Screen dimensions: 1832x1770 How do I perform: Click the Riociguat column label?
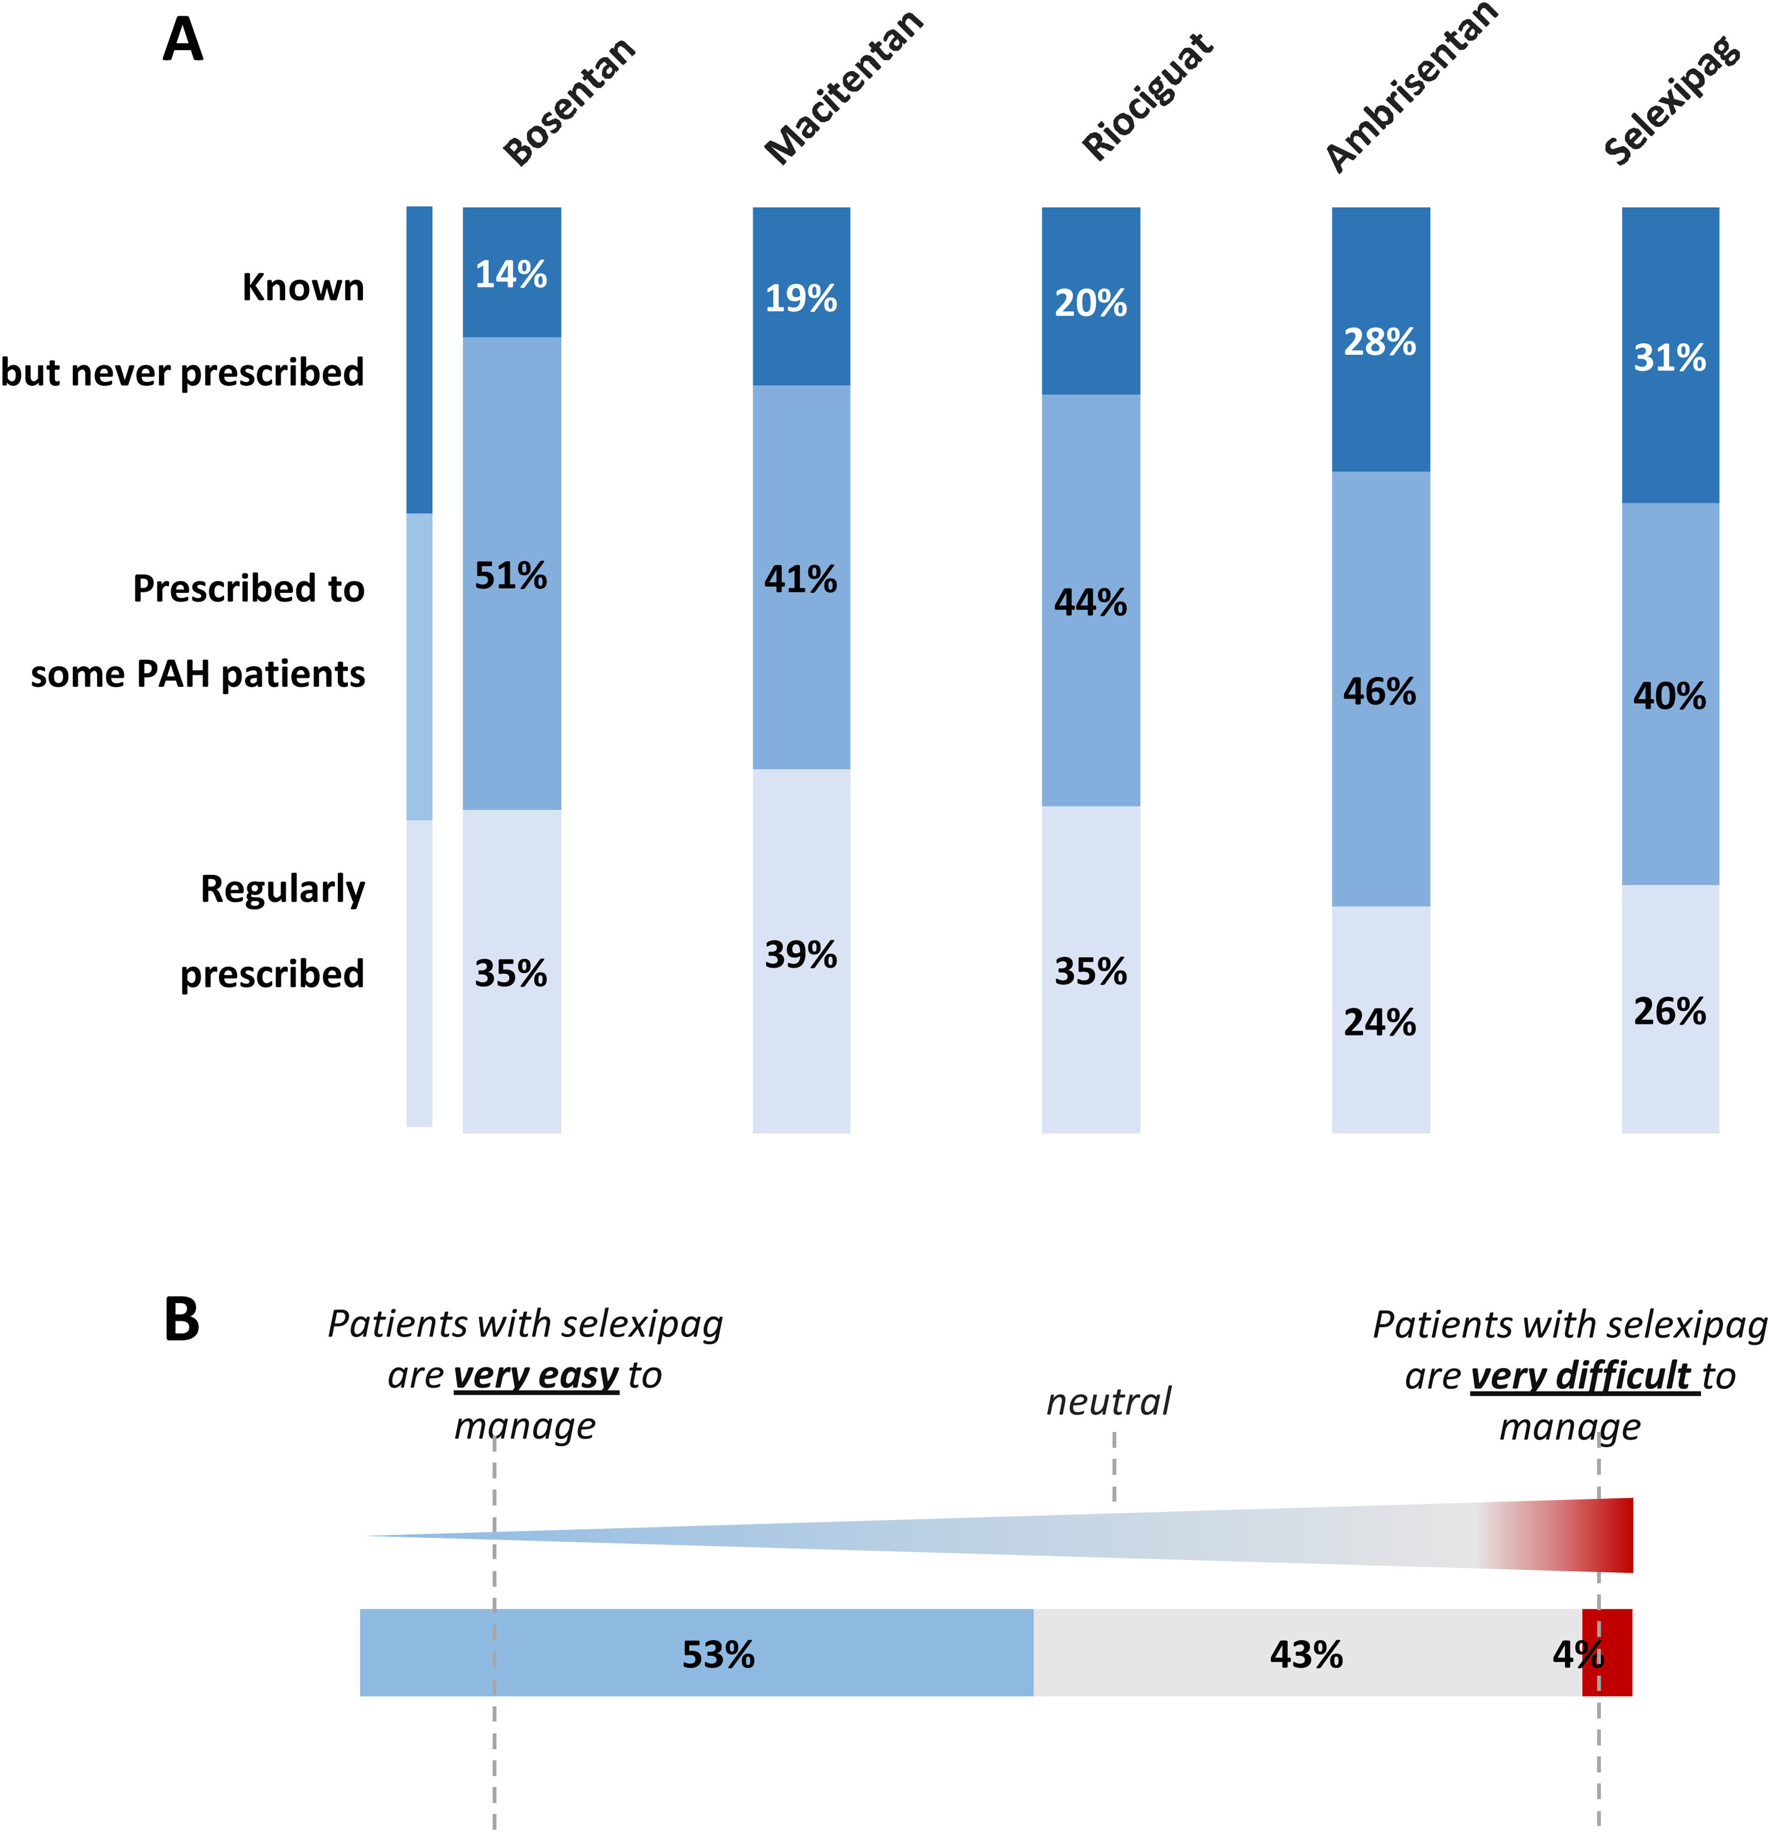1147,96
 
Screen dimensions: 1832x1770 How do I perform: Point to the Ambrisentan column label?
1411,89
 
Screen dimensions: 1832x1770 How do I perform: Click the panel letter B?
182,1319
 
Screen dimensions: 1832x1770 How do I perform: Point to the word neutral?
1108,1401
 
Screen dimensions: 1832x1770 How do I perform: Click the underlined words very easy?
536,1375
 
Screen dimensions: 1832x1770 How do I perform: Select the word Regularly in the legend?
282,888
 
